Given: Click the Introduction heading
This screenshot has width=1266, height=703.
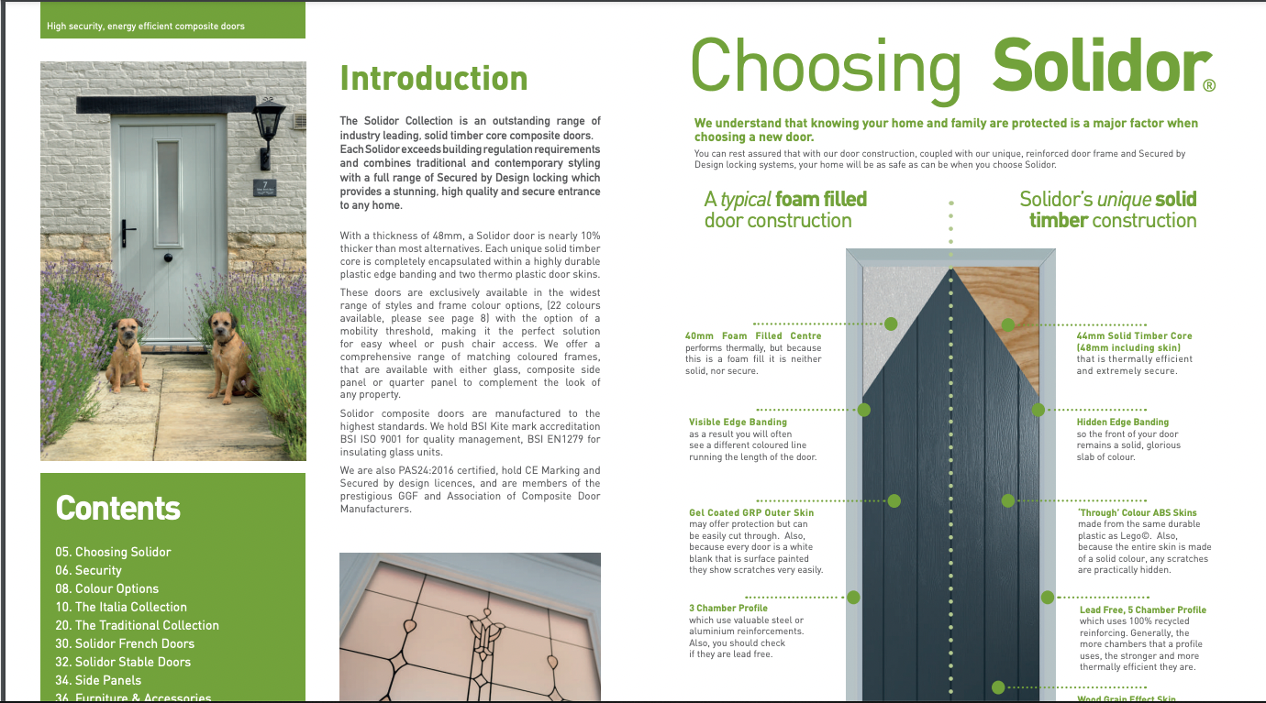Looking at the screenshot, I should click(x=433, y=79).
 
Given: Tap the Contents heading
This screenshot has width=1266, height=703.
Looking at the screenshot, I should click(x=118, y=508).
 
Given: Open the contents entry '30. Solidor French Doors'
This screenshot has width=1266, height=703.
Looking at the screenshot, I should click(x=125, y=643).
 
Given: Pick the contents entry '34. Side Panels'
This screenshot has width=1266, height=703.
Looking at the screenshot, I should click(x=98, y=680).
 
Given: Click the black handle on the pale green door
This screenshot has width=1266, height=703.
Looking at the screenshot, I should click(x=128, y=231).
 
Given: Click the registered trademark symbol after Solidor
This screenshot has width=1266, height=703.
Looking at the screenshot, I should click(x=1208, y=86).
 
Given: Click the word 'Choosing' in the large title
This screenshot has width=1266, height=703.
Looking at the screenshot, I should click(x=826, y=66).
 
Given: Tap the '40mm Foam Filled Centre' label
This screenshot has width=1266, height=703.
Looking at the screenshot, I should click(x=753, y=336).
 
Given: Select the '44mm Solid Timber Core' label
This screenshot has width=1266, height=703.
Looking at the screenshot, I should click(x=1134, y=336).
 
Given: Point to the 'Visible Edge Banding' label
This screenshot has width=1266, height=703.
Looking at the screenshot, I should click(x=738, y=423).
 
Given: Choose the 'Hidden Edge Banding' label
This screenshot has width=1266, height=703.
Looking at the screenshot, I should click(x=1122, y=423).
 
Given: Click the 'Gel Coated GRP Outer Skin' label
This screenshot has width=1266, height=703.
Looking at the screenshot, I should click(x=751, y=512).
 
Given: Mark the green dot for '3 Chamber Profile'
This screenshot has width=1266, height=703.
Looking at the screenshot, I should click(x=853, y=598).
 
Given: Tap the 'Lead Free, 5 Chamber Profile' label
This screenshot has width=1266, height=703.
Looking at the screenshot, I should click(x=1142, y=610).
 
